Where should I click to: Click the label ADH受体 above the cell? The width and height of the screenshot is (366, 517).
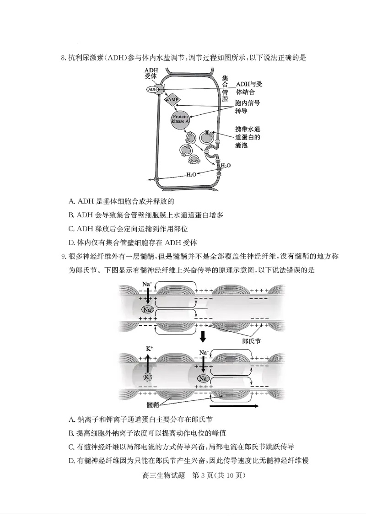pos(151,73)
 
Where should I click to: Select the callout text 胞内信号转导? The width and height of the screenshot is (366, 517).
pos(247,108)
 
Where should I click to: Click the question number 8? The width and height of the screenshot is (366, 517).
pos(64,58)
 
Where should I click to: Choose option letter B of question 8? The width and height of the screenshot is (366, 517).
pos(71,215)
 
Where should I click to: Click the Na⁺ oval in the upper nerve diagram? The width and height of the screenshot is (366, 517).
pos(147,310)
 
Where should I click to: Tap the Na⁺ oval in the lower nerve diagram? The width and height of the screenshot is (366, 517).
pos(204,378)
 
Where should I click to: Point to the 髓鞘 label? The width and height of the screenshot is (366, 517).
pos(153,405)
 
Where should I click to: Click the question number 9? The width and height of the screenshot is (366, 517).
pos(64,257)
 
